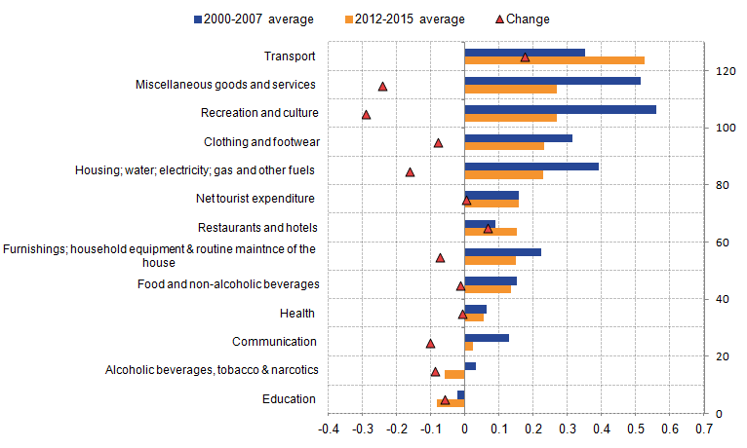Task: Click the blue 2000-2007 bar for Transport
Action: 525,53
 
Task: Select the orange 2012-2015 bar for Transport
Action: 554,60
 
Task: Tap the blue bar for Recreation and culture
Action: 560,109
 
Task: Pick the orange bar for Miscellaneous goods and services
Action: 510,89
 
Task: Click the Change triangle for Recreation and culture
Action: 367,114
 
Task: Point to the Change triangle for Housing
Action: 411,171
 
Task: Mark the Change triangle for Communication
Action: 431,343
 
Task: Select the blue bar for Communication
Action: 487,338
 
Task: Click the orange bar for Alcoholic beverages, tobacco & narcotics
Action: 454,374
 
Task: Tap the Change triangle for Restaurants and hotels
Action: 489,228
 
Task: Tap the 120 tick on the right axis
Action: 724,71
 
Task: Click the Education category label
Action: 289,399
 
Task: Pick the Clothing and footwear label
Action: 261,142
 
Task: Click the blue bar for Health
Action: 476,309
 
